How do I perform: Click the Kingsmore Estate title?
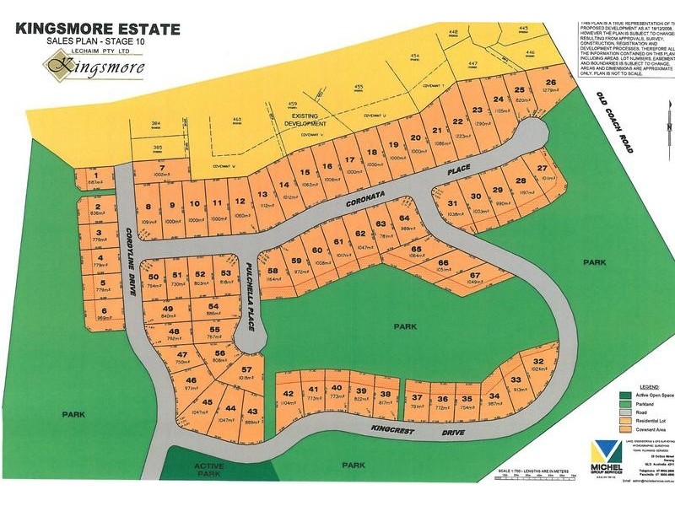pyautogui.click(x=98, y=29)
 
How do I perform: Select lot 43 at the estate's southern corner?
pyautogui.click(x=251, y=413)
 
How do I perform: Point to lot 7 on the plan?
pyautogui.click(x=162, y=170)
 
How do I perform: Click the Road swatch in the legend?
pyautogui.click(x=626, y=412)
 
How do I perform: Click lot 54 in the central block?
pyautogui.click(x=213, y=310)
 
